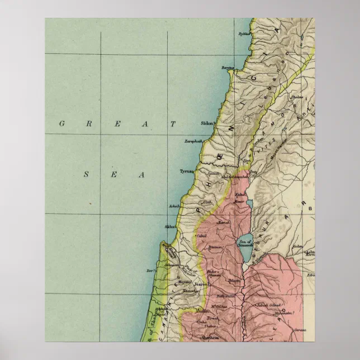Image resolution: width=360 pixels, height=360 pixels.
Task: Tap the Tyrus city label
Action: (x=186, y=172)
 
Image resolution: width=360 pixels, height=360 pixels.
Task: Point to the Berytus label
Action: (x=227, y=68)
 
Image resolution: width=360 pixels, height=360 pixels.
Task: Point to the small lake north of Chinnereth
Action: (x=249, y=203)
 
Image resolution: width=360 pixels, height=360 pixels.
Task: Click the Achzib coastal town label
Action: (x=173, y=206)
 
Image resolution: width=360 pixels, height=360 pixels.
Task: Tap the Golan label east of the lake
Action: (x=298, y=245)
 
